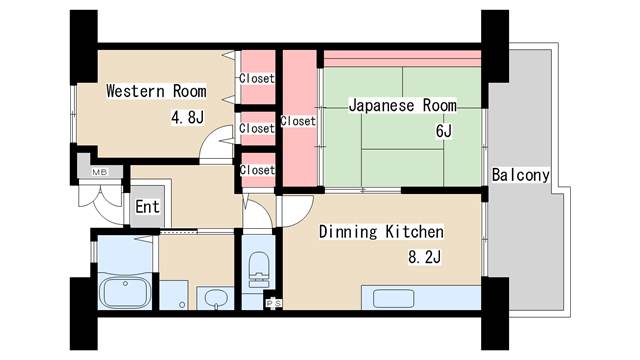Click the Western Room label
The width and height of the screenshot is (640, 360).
tap(157, 91)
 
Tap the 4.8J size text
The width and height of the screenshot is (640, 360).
tap(187, 117)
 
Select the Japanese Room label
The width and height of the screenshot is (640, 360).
tap(402, 105)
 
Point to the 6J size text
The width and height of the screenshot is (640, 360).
tap(444, 131)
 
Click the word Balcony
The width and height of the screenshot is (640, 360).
tap(520, 175)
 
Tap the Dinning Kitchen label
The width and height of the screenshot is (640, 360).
tap(381, 232)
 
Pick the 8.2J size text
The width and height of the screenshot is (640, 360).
tap(424, 258)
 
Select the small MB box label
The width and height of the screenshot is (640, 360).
tap(99, 172)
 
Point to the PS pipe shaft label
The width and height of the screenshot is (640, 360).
tap(271, 303)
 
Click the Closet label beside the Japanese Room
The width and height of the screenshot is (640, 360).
tap(298, 122)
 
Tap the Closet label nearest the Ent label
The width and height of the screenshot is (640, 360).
tap(257, 170)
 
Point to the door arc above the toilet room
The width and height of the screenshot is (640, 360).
tap(257, 218)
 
